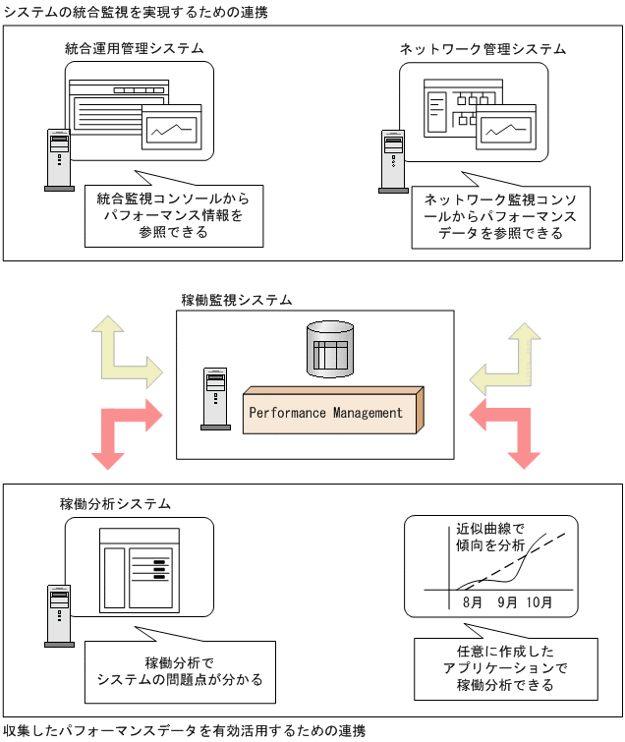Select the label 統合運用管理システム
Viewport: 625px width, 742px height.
click(x=135, y=48)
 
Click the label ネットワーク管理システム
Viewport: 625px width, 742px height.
click(x=483, y=48)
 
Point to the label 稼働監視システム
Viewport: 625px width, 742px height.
click(x=236, y=299)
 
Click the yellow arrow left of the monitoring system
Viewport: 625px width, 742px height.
click(x=123, y=351)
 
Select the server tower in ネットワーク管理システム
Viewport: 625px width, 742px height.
click(x=393, y=162)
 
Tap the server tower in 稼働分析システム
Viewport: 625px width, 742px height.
click(x=59, y=615)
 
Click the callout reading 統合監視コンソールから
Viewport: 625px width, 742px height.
click(x=173, y=214)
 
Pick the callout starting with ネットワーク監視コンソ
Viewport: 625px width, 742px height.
click(x=501, y=216)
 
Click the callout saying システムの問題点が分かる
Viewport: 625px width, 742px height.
click(x=173, y=670)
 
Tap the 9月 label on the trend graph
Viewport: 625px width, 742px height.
click(x=508, y=601)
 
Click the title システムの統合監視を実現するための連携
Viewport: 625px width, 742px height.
click(x=135, y=11)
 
